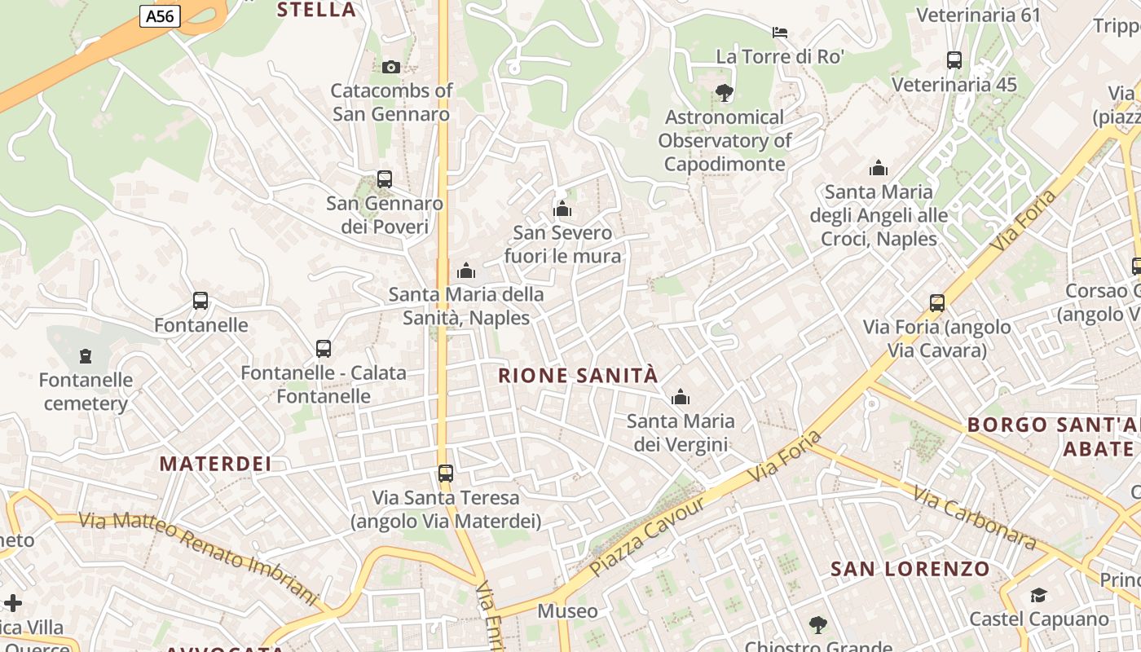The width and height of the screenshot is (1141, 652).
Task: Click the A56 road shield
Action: pyautogui.click(x=159, y=15)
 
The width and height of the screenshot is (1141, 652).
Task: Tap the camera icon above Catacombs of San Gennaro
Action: pyautogui.click(x=391, y=67)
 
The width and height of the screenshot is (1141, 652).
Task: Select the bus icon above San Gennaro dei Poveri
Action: pyautogui.click(x=385, y=178)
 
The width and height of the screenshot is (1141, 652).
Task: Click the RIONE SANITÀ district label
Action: pyautogui.click(x=577, y=376)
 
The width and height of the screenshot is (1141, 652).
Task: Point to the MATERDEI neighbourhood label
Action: pyautogui.click(x=215, y=464)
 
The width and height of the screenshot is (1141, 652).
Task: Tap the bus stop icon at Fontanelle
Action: pyautogui.click(x=200, y=301)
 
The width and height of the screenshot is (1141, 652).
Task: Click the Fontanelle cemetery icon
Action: pyautogui.click(x=86, y=356)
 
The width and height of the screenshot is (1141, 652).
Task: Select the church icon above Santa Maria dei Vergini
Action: pyautogui.click(x=680, y=398)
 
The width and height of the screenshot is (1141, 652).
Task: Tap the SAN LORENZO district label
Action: pyautogui.click(x=910, y=569)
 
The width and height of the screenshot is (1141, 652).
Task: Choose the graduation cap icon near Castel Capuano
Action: pyautogui.click(x=1038, y=596)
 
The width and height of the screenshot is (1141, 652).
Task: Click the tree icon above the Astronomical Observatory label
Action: pyautogui.click(x=724, y=93)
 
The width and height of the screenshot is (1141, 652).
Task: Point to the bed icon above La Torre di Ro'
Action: pyautogui.click(x=780, y=33)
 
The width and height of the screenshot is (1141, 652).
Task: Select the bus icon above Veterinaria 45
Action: pyautogui.click(x=954, y=60)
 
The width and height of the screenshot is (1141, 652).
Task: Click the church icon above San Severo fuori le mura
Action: pyautogui.click(x=562, y=209)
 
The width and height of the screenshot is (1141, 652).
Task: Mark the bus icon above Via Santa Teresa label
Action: pyautogui.click(x=445, y=474)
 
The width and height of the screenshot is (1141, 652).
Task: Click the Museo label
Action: pyautogui.click(x=567, y=611)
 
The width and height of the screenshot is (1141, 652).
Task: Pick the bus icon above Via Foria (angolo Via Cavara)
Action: pyautogui.click(x=937, y=303)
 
